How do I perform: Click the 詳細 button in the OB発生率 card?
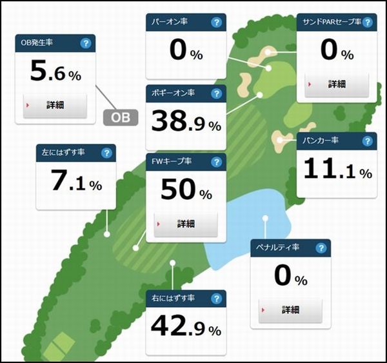pyautogui.click(x=55, y=104)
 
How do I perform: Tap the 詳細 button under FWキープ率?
pyautogui.click(x=186, y=224)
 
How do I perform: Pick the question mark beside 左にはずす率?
pyautogui.click(x=106, y=153)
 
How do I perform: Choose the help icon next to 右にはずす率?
pyautogui.click(x=217, y=299)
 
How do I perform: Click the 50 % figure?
pyautogui.click(x=186, y=191)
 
